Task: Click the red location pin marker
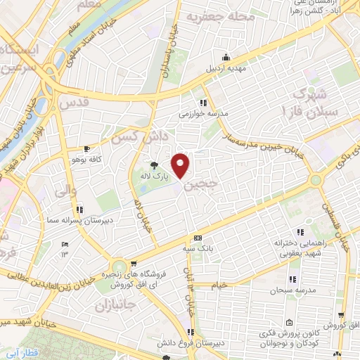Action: pyautogui.click(x=181, y=165)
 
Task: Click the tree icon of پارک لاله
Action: pyautogui.click(x=154, y=166)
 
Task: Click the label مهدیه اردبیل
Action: pyautogui.click(x=225, y=69)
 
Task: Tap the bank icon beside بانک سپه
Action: pyautogui.click(x=198, y=238)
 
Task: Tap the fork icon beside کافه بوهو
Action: pyautogui.click(x=86, y=148)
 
